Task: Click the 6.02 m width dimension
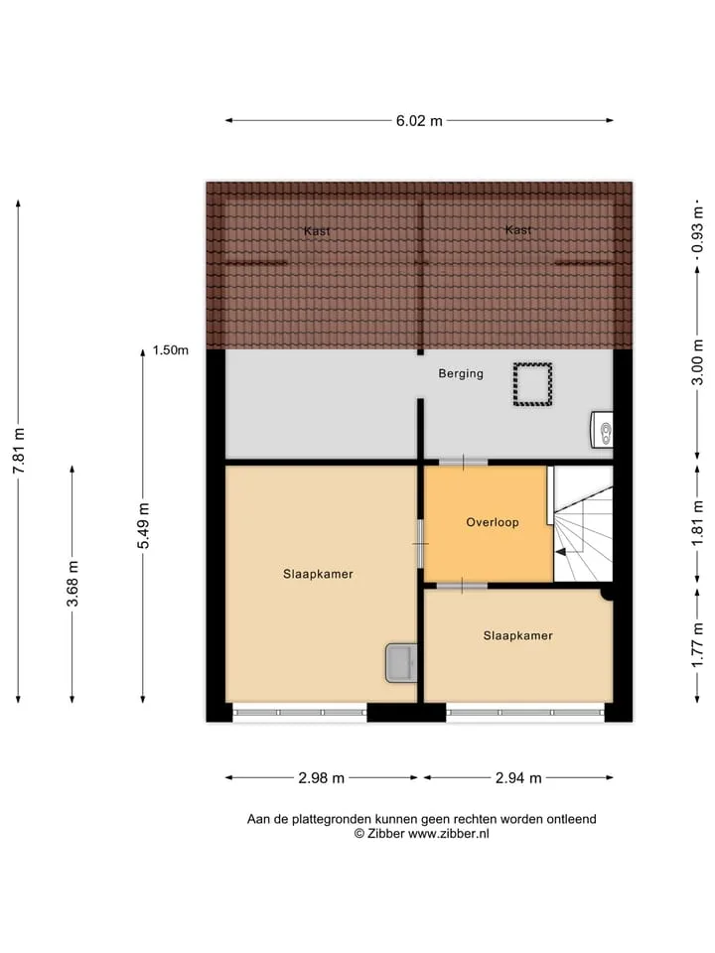(419, 121)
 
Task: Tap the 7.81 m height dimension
(19, 451)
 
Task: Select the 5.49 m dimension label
(143, 526)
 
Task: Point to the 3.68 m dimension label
(72, 584)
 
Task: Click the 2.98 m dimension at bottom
(321, 778)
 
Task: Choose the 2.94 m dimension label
(518, 778)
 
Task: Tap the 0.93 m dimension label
(697, 229)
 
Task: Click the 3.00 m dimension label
(697, 362)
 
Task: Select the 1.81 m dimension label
(697, 524)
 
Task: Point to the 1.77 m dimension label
(697, 645)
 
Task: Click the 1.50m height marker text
(170, 350)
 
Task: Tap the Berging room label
(461, 374)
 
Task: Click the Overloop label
(493, 522)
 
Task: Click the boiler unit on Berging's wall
(602, 430)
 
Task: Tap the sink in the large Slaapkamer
(401, 663)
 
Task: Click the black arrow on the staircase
(561, 552)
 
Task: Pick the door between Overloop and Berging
(463, 463)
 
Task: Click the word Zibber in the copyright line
(385, 834)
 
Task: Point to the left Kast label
(317, 231)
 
